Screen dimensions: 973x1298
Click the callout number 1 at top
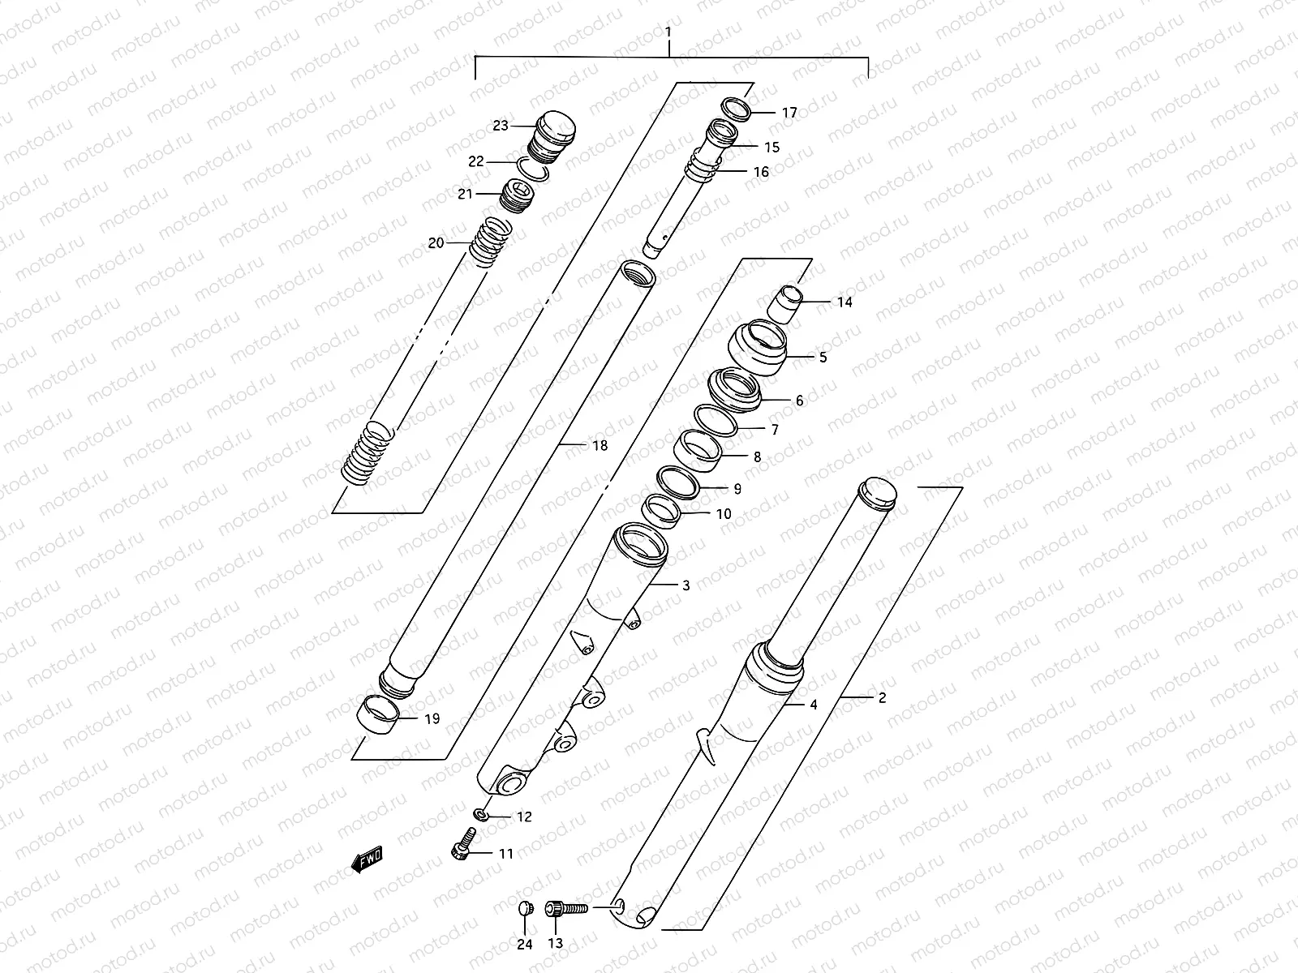[x=668, y=32]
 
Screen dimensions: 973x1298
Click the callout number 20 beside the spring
[x=436, y=242]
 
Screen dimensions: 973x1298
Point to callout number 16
[x=761, y=172]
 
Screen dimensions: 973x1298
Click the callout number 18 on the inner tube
[x=600, y=445]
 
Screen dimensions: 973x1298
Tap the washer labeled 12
[x=481, y=813]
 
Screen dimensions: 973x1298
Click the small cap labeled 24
[x=524, y=909]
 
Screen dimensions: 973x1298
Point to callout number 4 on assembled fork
[x=814, y=705]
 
